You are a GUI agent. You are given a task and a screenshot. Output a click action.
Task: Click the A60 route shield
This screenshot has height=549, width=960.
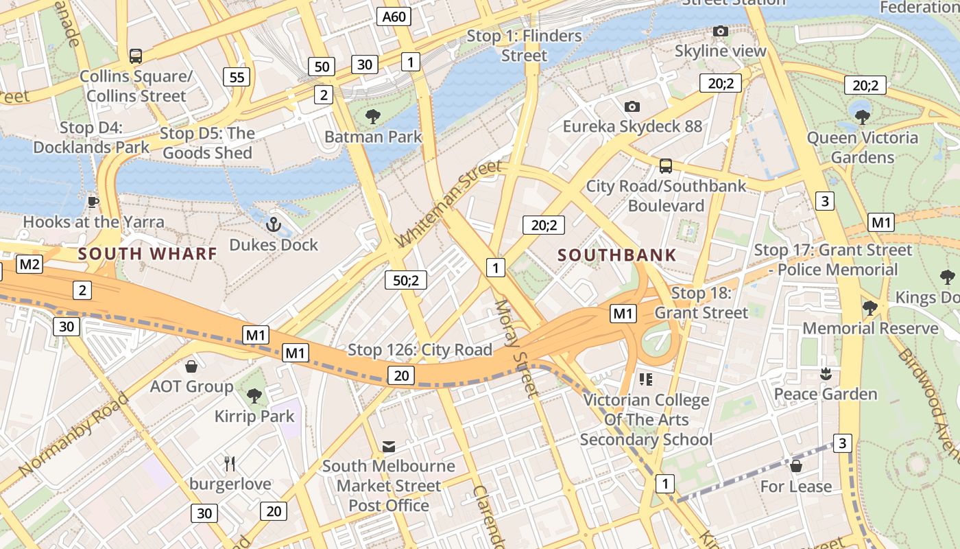[394, 16]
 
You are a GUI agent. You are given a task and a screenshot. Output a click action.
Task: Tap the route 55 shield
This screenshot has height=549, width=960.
[237, 77]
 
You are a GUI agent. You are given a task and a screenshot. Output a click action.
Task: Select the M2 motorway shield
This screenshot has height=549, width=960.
[30, 264]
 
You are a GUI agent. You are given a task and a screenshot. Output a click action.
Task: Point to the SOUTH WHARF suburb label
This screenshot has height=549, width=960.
[147, 254]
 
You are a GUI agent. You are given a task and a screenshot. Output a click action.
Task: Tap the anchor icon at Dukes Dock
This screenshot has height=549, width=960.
[274, 224]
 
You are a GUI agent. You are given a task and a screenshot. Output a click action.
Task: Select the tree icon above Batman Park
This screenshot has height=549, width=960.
[373, 116]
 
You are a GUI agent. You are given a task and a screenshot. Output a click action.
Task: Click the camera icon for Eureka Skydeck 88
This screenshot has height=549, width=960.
[632, 106]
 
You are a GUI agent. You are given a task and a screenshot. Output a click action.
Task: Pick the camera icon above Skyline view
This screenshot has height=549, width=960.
[720, 31]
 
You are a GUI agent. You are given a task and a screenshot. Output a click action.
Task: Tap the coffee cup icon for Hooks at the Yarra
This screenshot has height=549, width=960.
[93, 201]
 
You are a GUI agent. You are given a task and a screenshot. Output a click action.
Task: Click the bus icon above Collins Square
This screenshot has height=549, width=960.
[136, 56]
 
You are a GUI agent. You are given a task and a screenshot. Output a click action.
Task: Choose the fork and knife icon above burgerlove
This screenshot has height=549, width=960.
[230, 464]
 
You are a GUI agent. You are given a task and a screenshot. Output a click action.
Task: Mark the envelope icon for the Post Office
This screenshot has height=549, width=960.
[389, 447]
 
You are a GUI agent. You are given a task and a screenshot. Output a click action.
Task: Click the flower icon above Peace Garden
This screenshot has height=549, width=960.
[825, 373]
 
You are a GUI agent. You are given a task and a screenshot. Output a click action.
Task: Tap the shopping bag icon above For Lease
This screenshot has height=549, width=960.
[796, 466]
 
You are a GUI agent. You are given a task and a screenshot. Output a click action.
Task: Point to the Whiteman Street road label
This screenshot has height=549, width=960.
[449, 205]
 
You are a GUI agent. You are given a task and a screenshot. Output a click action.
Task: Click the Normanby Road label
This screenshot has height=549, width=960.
[74, 435]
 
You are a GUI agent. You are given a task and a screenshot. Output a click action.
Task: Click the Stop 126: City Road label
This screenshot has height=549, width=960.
[420, 350]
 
